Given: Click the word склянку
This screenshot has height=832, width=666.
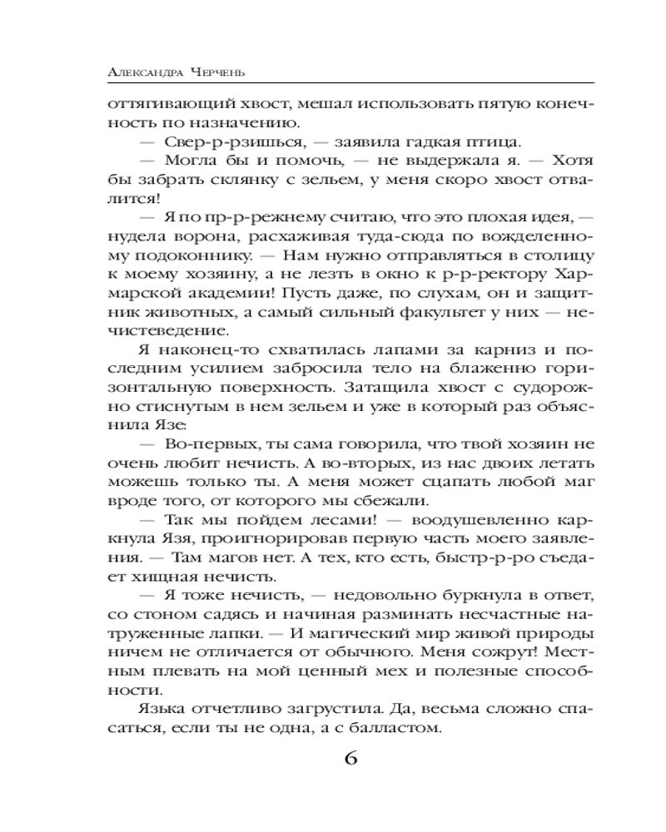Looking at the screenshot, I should coord(224,181).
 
